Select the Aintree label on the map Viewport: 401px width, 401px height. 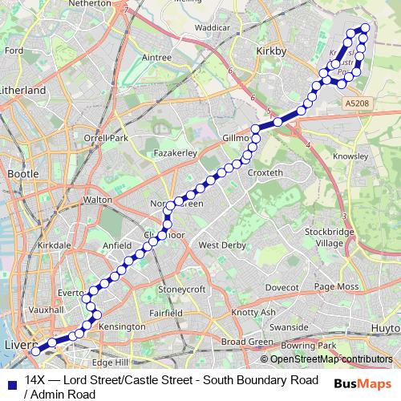[x=156, y=58]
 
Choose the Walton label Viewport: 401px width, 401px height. [x=97, y=199]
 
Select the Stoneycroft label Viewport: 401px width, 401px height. [x=183, y=289]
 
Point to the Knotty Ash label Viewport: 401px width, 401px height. [x=253, y=312]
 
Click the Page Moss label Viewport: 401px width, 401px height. [x=335, y=286]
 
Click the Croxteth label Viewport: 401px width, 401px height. [x=265, y=172]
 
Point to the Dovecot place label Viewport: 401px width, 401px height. [x=282, y=286]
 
